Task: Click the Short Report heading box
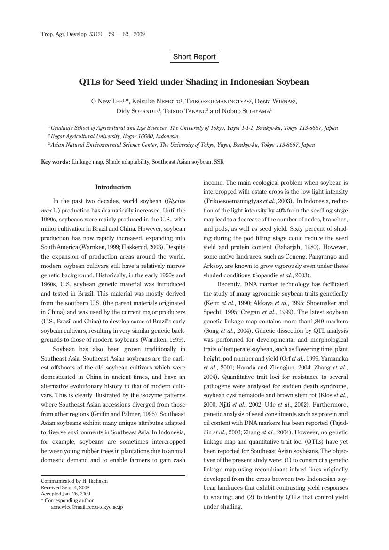pyautogui.click(x=194, y=57)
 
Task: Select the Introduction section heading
pyautogui.click(x=113, y=187)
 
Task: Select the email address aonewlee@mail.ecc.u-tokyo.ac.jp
pyautogui.click(x=87, y=507)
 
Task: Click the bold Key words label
pyautogui.click(x=56, y=162)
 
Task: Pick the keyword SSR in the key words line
pyautogui.click(x=219, y=162)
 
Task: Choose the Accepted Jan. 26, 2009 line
pyautogui.click(x=65, y=494)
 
